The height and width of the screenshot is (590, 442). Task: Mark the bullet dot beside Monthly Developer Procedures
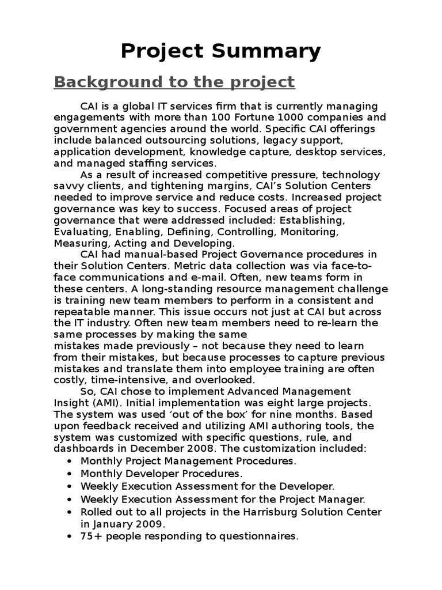70,474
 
